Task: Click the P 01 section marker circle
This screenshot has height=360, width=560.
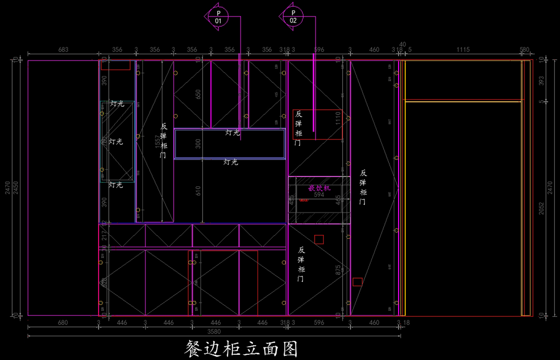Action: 218,16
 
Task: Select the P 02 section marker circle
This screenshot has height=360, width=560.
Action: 293,16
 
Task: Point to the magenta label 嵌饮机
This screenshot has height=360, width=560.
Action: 319,188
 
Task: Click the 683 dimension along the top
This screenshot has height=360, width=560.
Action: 63,49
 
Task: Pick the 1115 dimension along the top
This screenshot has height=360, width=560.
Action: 463,49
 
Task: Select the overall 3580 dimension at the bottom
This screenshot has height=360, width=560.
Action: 214,332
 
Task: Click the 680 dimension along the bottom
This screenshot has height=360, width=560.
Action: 63,323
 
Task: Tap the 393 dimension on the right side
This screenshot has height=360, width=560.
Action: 541,81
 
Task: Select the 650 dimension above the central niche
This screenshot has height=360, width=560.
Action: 198,95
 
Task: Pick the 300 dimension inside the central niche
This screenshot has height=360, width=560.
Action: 198,144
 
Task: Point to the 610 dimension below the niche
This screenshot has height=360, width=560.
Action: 198,191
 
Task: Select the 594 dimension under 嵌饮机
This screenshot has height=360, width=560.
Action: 319,195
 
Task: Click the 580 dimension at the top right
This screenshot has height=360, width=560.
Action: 525,49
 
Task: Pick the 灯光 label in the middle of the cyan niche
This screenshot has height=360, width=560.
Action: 116,141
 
